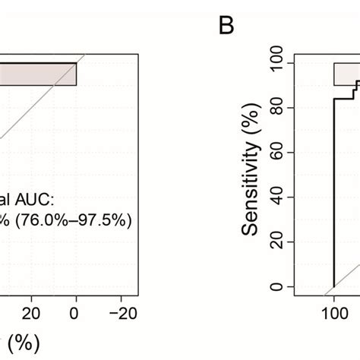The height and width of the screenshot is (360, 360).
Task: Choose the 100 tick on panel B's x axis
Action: (334, 313)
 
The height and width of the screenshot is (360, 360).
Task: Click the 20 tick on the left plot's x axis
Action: (32, 313)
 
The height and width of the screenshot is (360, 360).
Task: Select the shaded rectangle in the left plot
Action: (38, 74)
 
